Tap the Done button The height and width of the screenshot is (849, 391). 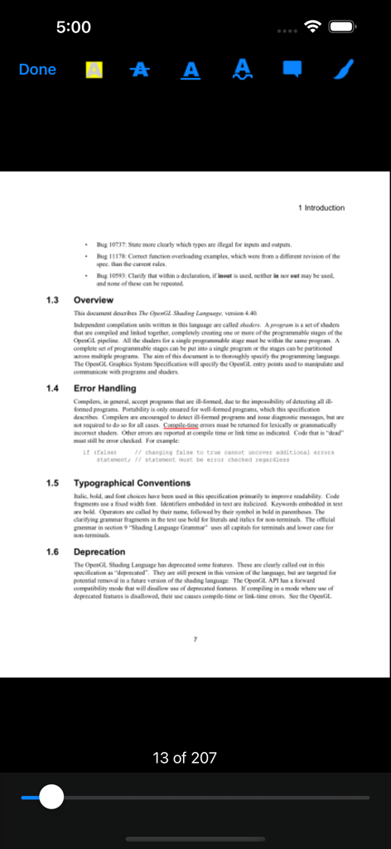coord(37,70)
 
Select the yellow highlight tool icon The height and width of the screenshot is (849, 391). coord(94,70)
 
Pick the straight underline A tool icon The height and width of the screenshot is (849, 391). coord(191,70)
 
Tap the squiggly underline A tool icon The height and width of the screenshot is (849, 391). coord(243,70)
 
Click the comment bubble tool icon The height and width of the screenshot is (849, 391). coord(292,69)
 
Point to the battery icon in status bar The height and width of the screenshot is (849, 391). coord(342,27)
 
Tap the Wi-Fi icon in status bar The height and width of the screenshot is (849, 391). coord(312,27)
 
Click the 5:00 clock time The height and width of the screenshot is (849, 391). coord(74,27)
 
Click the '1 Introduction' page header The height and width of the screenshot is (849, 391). coord(321,207)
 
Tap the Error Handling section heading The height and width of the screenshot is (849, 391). coord(104,388)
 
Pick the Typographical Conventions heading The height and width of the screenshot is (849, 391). coord(132,483)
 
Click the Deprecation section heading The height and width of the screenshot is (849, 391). coord(99,551)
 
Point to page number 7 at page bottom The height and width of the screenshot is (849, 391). coord(195,639)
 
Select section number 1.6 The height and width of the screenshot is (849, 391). coord(52,551)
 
